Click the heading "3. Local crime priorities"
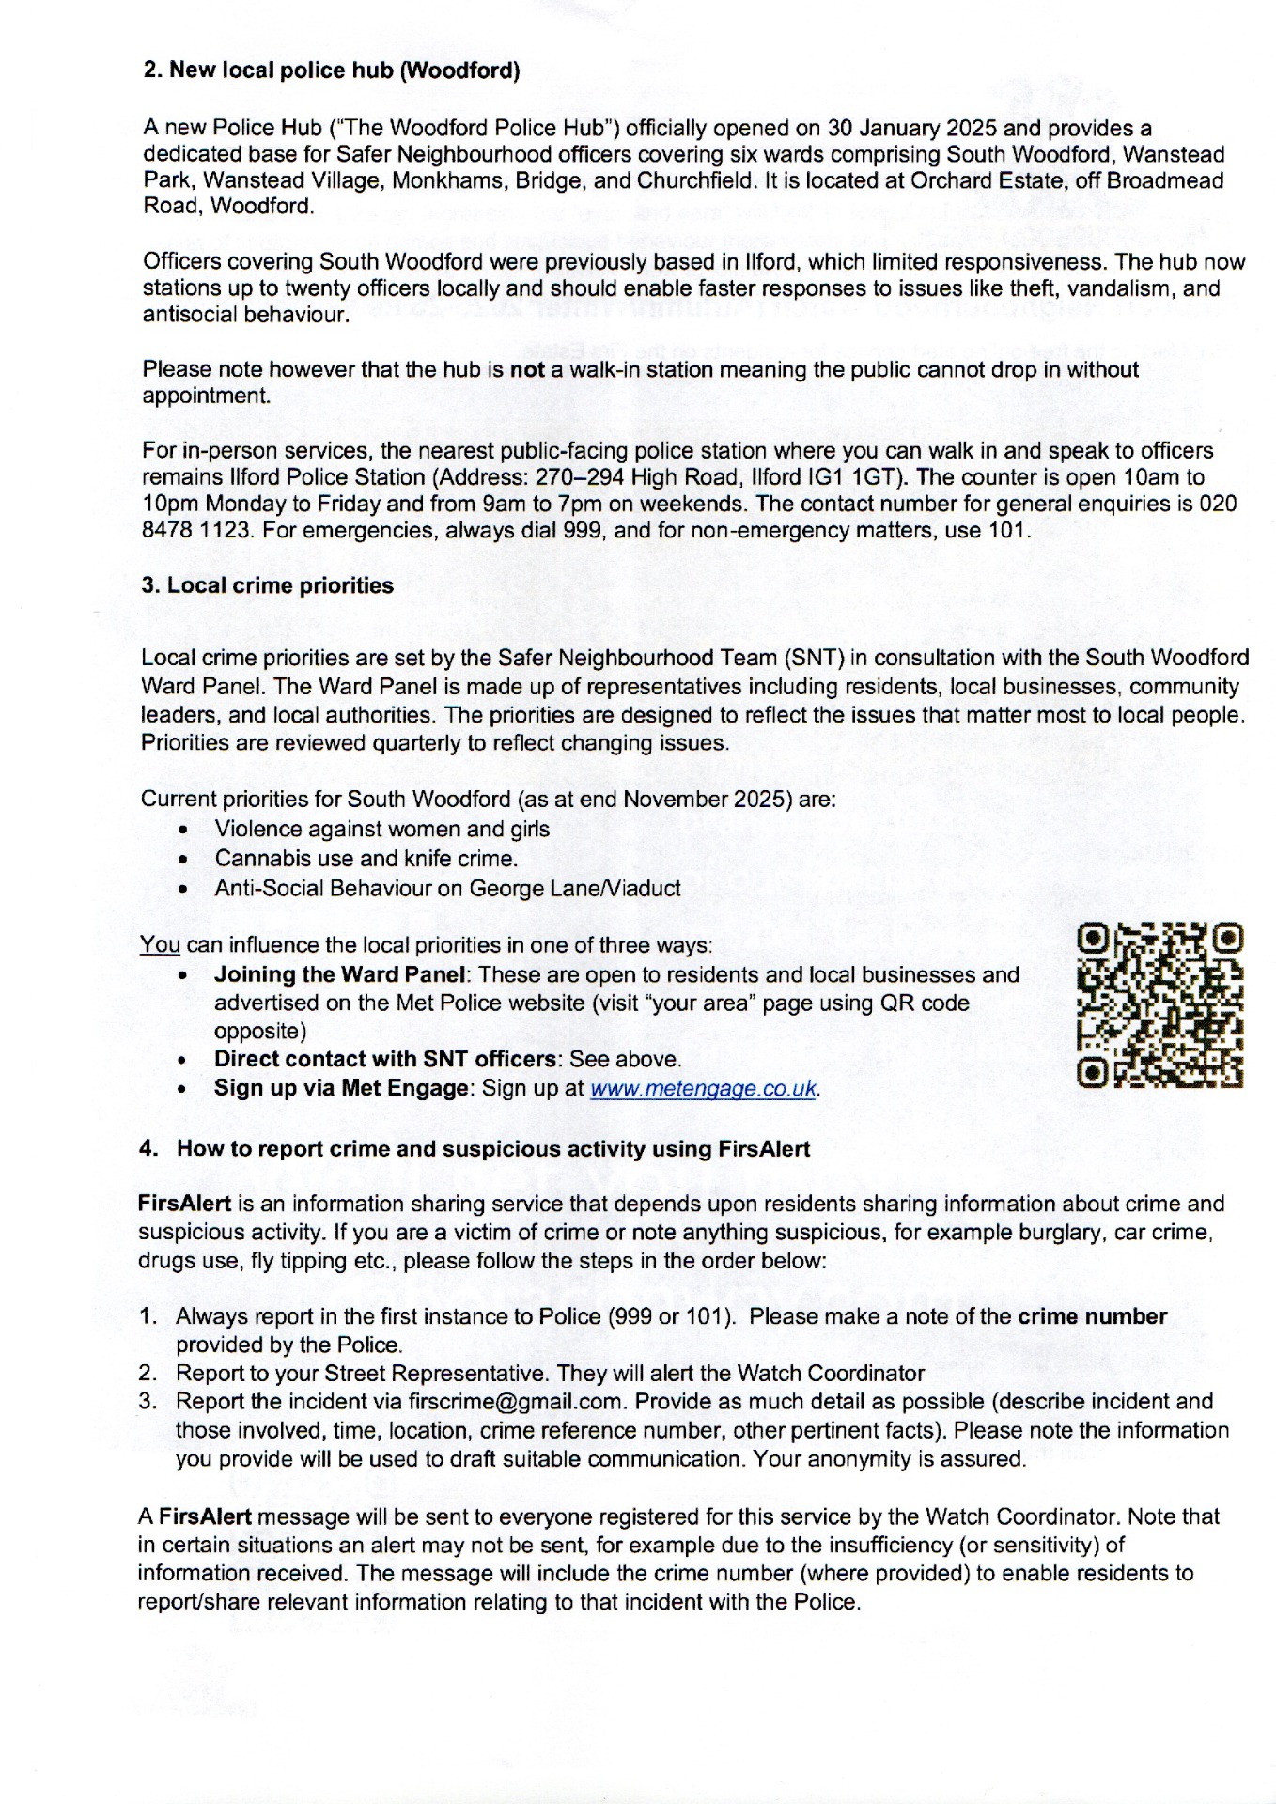click(267, 585)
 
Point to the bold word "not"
click(527, 369)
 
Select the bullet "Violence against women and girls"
click(381, 829)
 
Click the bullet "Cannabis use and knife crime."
click(366, 858)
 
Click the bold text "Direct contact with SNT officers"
click(385, 1059)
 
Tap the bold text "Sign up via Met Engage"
click(340, 1088)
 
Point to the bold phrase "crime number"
click(1092, 1316)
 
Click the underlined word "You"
click(160, 944)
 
